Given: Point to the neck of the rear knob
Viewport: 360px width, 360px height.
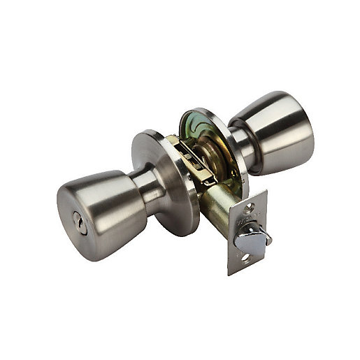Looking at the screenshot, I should pos(241,143).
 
